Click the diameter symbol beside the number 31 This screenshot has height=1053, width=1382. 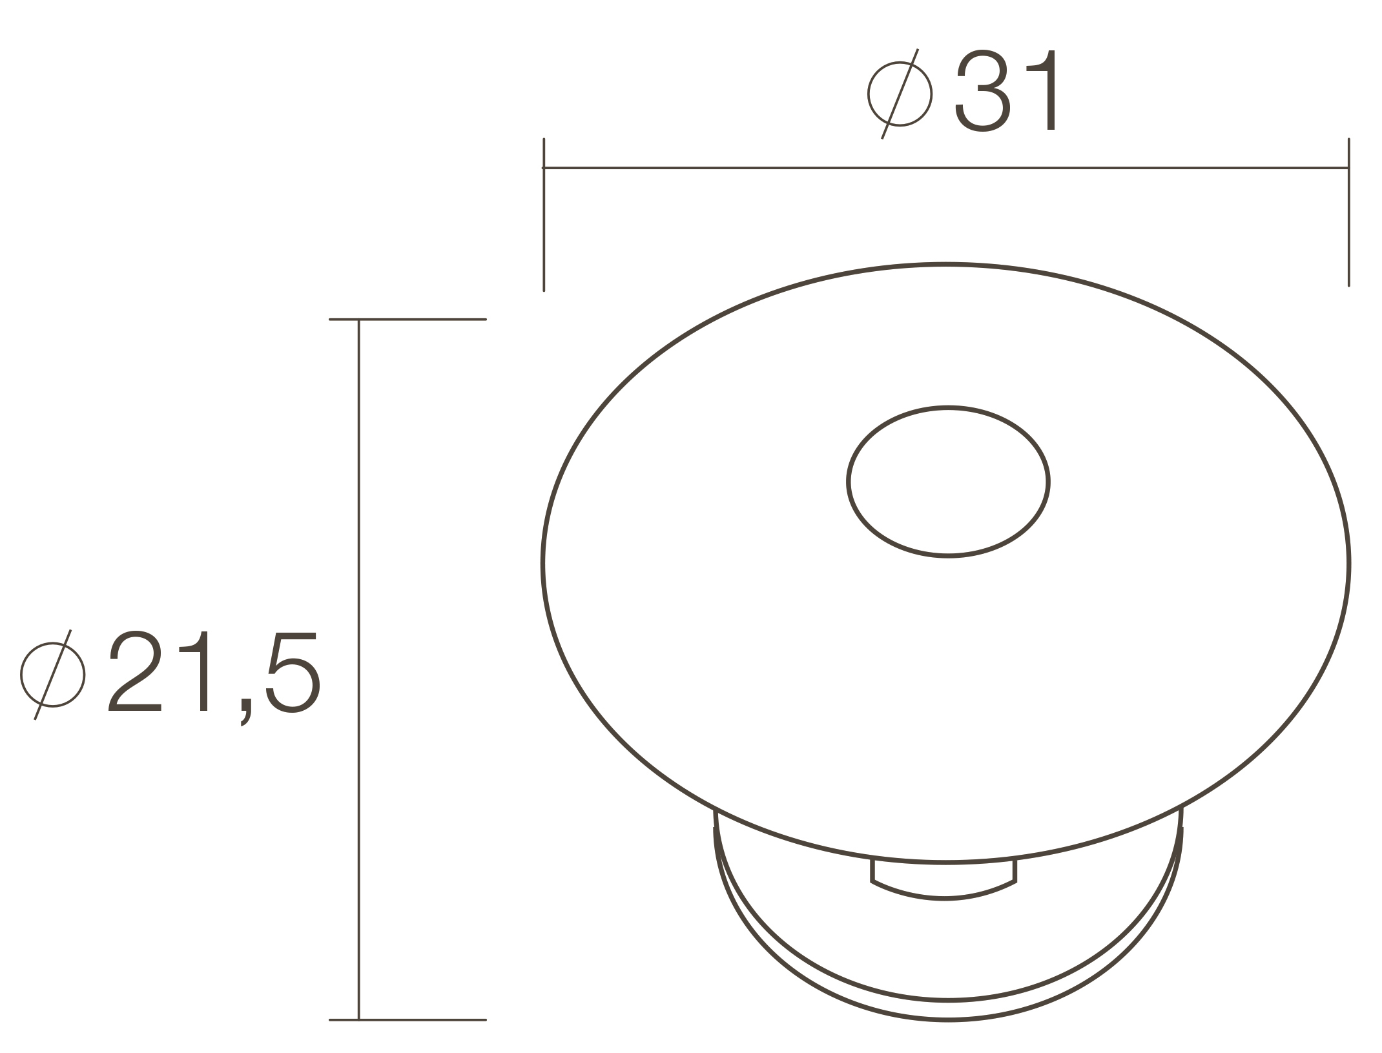click(900, 94)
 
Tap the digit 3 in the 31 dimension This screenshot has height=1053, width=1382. click(982, 90)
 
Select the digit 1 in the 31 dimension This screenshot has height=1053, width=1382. click(1042, 90)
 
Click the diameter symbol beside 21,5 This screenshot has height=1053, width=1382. click(53, 675)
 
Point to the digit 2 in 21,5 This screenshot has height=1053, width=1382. click(134, 671)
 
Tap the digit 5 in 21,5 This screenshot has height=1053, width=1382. click(293, 673)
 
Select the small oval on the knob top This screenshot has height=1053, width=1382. click(948, 407)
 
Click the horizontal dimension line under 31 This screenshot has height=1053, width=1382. click(945, 168)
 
